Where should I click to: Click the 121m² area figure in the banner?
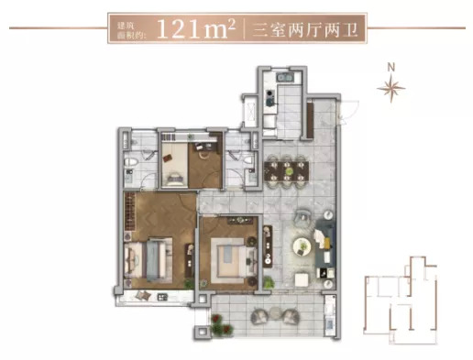coord(196,28)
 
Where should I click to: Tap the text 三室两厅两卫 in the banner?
coord(305,30)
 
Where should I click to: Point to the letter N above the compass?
coord(391,67)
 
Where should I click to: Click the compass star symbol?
coord(391,88)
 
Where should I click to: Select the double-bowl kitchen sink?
coord(285,77)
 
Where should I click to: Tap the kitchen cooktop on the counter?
coord(269,98)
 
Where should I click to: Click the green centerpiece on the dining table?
coord(287,171)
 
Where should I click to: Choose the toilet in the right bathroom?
coord(249,160)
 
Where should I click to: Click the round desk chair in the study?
coord(203,155)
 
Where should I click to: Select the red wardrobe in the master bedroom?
coord(130,212)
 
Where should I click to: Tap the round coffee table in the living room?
coord(302,246)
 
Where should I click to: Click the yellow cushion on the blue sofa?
coord(327,243)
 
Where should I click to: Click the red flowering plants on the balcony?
coord(221,324)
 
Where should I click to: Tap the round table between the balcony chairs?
coord(275,313)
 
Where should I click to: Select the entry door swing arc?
coord(351,112)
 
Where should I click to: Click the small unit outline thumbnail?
coord(401,300)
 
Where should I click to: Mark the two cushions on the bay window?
coord(143,295)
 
